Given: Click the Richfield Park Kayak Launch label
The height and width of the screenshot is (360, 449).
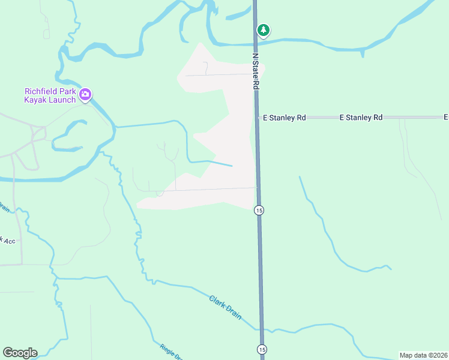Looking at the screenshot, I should tap(50, 95).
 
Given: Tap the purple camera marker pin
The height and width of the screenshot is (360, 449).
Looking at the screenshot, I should tap(85, 94).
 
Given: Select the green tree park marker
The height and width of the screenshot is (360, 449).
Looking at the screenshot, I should tap(263, 30).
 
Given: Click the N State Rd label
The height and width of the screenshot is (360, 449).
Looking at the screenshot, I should tap(255, 71).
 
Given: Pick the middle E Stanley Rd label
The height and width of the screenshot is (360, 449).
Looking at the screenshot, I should tap(361, 118).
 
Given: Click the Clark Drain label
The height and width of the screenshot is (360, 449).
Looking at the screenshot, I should tap(225, 307).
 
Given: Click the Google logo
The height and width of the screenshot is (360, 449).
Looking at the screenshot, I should tap(20, 353).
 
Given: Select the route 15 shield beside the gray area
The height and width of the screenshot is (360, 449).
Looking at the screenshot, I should tap(259, 210).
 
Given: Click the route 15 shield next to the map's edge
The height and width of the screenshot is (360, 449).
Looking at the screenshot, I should tap(261, 349).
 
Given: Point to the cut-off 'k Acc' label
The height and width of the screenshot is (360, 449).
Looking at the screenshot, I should tap(8, 241).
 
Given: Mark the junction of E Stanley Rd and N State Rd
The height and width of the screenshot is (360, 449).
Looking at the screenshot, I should tap(257, 118).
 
